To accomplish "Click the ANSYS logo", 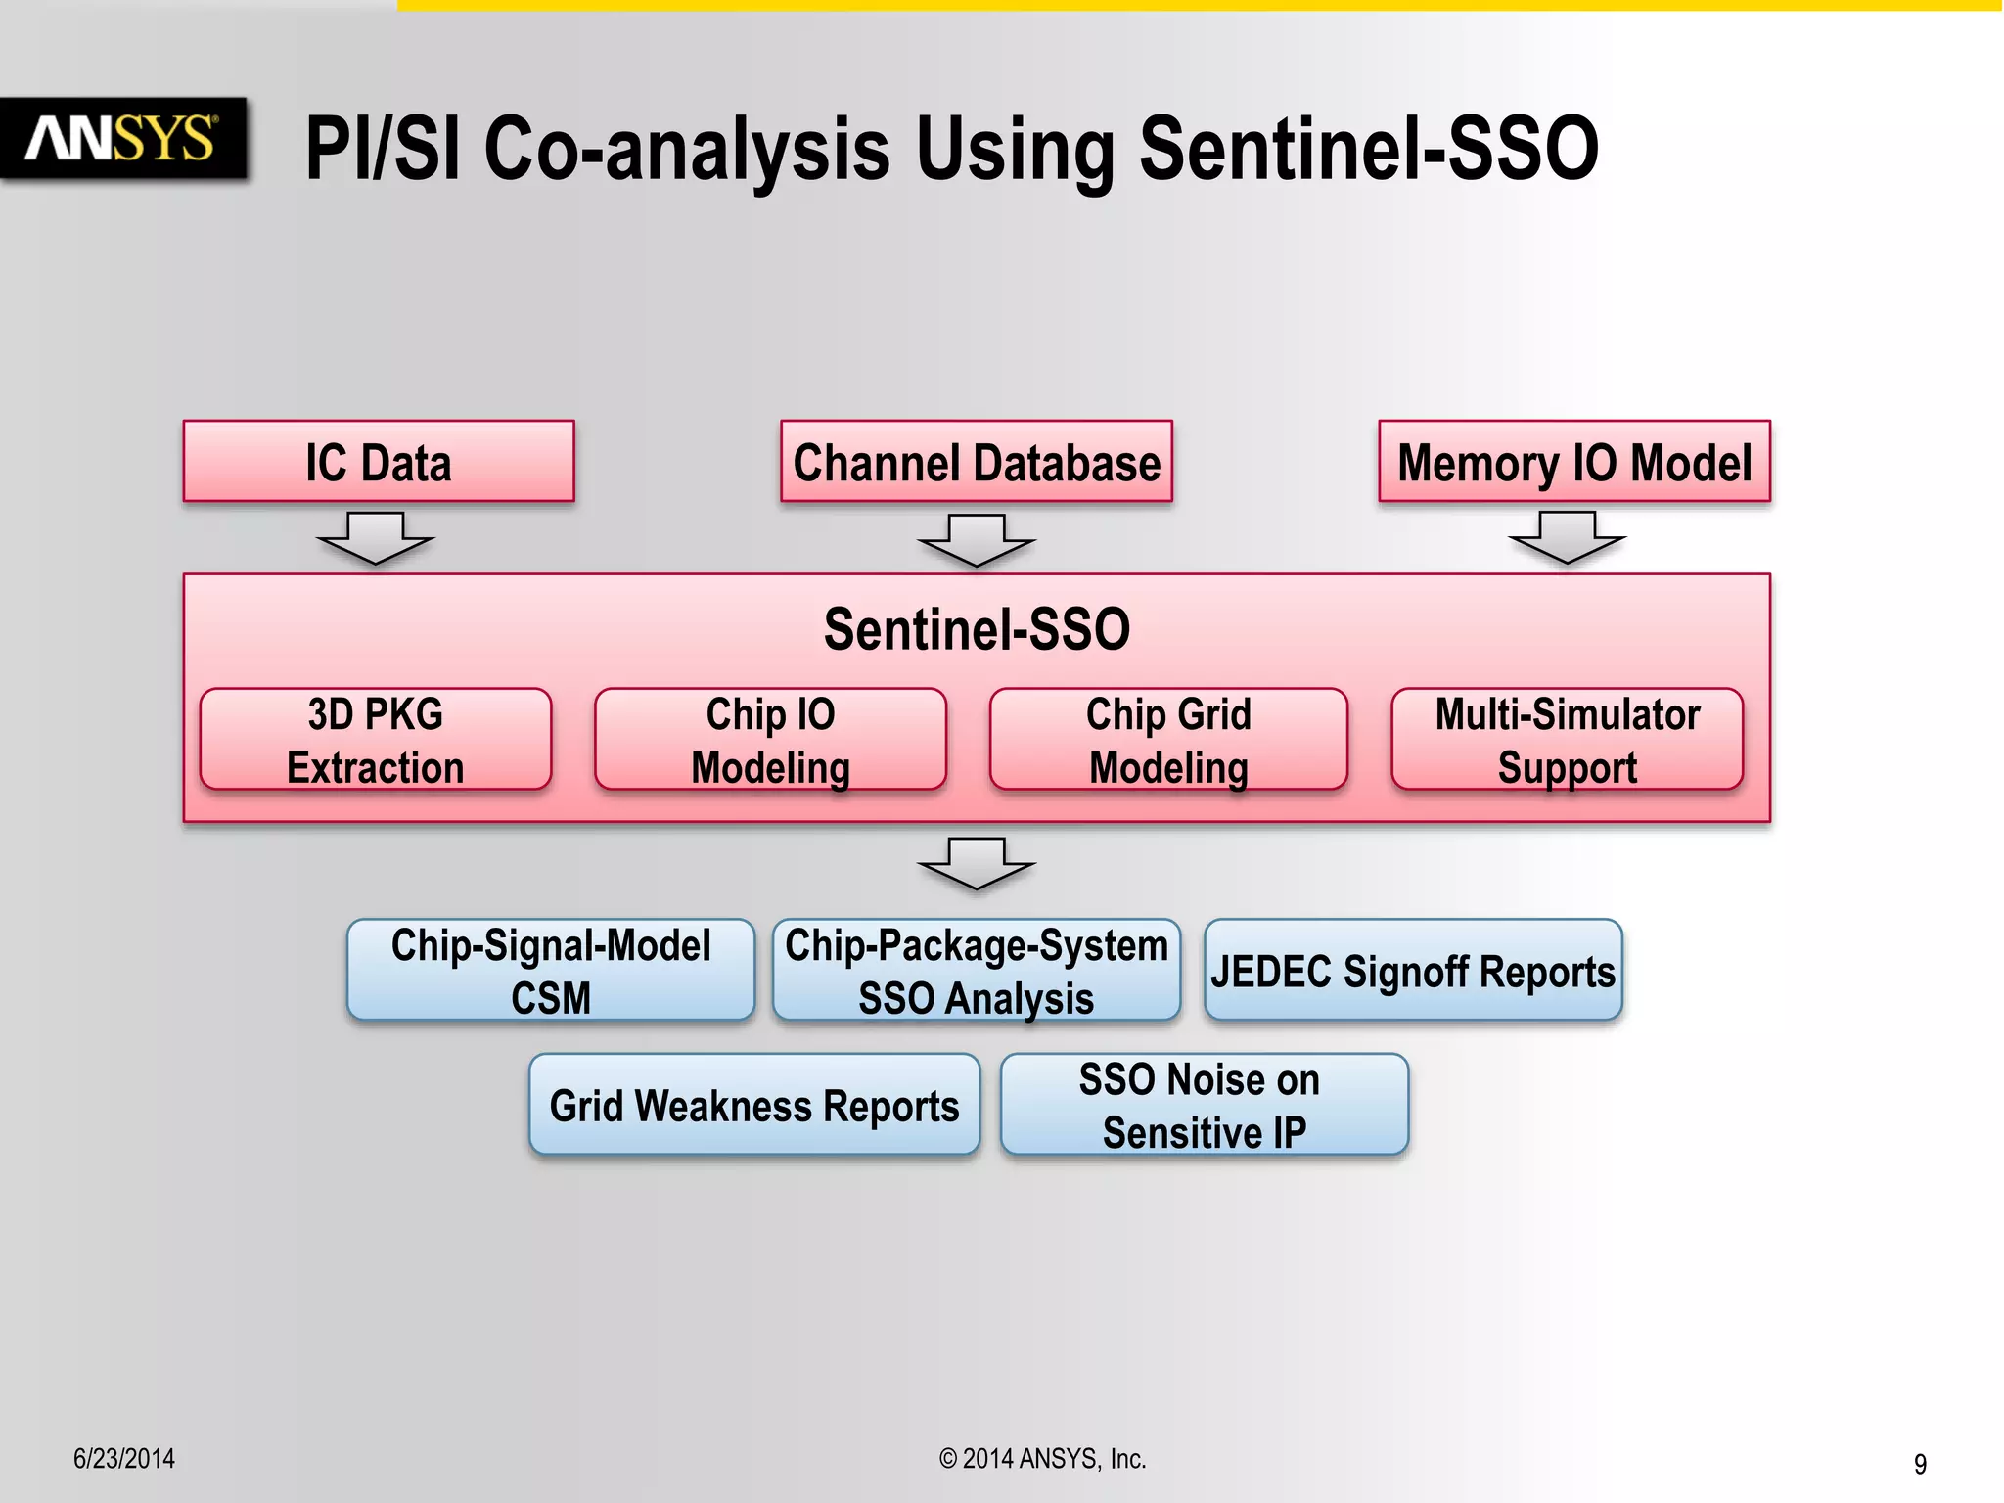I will click(121, 138).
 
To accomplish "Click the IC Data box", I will click(379, 462).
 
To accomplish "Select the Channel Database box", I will click(976, 462).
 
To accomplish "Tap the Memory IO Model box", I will click(1573, 462).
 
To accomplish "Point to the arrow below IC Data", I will click(375, 538).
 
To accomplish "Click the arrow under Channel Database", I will click(976, 540).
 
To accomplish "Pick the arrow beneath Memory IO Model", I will click(1567, 538).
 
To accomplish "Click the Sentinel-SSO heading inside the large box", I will click(976, 629).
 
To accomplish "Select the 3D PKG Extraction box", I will click(376, 740).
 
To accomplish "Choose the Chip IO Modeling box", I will click(770, 740).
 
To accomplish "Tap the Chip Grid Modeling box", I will click(1168, 740).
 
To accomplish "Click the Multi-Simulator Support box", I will click(1567, 740).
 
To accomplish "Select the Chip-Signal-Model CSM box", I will click(551, 971).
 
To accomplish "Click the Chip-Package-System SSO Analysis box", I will click(976, 971).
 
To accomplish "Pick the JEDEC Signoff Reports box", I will click(1413, 971).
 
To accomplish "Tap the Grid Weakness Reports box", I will click(754, 1105).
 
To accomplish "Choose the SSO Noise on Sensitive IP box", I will click(1204, 1105).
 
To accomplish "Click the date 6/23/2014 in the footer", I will click(124, 1459).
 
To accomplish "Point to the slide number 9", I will click(1920, 1464).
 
